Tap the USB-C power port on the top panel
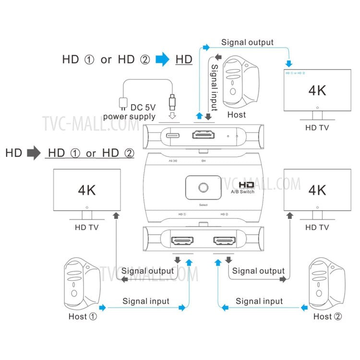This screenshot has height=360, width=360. (172, 135)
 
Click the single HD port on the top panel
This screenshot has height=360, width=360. (204, 135)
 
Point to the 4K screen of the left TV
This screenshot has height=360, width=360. (86, 190)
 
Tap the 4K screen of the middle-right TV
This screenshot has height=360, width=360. (316, 190)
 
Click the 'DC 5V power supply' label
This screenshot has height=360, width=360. (130, 112)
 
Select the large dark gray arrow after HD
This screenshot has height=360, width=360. (34, 153)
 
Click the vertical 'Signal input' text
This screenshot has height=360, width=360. (215, 88)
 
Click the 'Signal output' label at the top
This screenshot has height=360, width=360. (247, 42)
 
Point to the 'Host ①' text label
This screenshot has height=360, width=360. (83, 316)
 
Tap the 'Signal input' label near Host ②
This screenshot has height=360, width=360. (259, 301)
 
